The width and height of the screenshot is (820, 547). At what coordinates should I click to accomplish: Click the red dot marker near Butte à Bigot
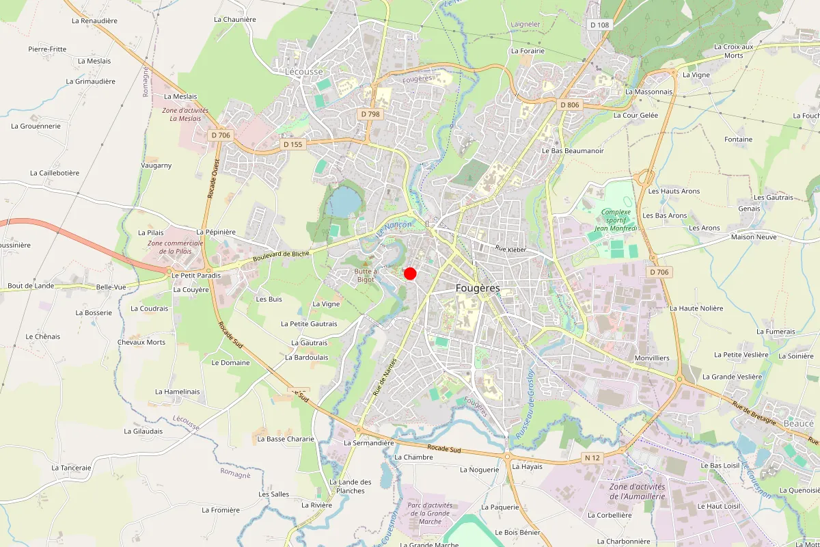[410, 273]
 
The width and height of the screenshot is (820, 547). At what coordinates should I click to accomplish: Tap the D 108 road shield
[599, 25]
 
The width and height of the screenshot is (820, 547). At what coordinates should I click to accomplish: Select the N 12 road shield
[592, 457]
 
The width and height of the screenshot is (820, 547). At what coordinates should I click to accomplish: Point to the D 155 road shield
[292, 144]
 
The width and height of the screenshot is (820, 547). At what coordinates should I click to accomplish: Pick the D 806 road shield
[569, 105]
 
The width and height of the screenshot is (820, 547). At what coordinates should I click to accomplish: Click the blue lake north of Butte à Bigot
[344, 201]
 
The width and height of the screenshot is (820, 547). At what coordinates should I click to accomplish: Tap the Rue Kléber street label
[511, 250]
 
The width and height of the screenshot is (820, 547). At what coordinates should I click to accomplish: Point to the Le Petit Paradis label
[196, 276]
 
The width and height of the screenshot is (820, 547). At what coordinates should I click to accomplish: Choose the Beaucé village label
[798, 423]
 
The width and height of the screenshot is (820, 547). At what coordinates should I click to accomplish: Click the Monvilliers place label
[652, 358]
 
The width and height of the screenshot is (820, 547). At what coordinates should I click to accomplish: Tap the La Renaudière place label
[94, 21]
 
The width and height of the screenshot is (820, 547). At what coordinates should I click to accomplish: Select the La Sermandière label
[369, 442]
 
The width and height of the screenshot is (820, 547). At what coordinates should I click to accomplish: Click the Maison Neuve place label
[753, 237]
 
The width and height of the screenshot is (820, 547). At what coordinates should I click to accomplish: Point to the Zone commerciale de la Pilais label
[176, 247]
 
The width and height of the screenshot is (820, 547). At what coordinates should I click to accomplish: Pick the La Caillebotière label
[55, 173]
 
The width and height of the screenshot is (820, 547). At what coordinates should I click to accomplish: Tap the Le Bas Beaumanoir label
[573, 150]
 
